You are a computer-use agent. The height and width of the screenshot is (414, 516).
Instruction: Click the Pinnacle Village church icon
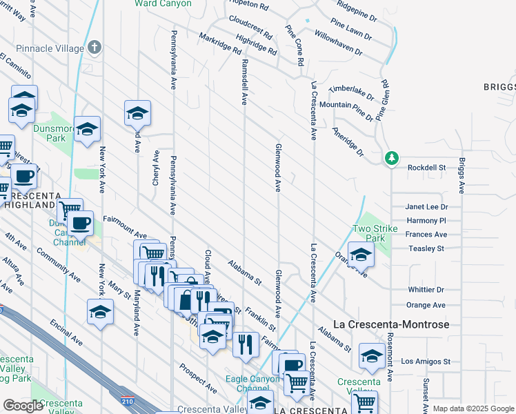click(x=95, y=48)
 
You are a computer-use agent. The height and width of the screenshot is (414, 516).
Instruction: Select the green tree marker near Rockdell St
click(x=391, y=158)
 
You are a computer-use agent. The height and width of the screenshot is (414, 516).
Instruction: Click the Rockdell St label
click(x=427, y=168)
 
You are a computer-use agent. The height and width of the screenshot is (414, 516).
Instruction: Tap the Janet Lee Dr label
click(x=426, y=206)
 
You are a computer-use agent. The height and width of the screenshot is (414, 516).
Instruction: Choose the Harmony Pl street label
click(x=426, y=221)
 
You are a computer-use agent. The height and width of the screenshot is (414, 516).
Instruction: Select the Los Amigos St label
click(x=426, y=361)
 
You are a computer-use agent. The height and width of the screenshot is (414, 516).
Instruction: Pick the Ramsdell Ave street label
click(x=244, y=81)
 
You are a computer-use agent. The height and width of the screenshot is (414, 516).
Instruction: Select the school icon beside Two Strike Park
click(x=361, y=255)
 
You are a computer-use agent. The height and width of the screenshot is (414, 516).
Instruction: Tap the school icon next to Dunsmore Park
click(x=87, y=128)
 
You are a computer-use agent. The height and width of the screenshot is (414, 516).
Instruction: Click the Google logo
click(x=23, y=406)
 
